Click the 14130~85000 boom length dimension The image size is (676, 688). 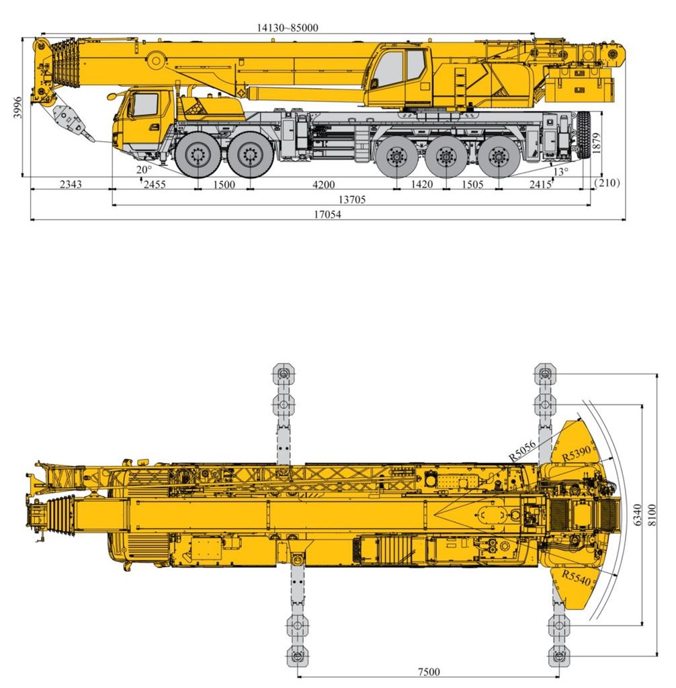pyautogui.click(x=288, y=28)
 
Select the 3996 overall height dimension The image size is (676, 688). pyautogui.click(x=17, y=107)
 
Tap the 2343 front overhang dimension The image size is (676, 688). pyautogui.click(x=71, y=184)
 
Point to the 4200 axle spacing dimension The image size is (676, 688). pyautogui.click(x=323, y=185)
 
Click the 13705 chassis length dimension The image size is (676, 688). pyautogui.click(x=352, y=200)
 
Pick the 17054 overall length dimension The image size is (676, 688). pyautogui.click(x=327, y=214)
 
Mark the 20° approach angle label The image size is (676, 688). pyautogui.click(x=144, y=170)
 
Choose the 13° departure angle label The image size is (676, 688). pyautogui.click(x=560, y=171)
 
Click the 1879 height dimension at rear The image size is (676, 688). pyautogui.click(x=595, y=143)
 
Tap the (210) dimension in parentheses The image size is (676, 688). pyautogui.click(x=607, y=183)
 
